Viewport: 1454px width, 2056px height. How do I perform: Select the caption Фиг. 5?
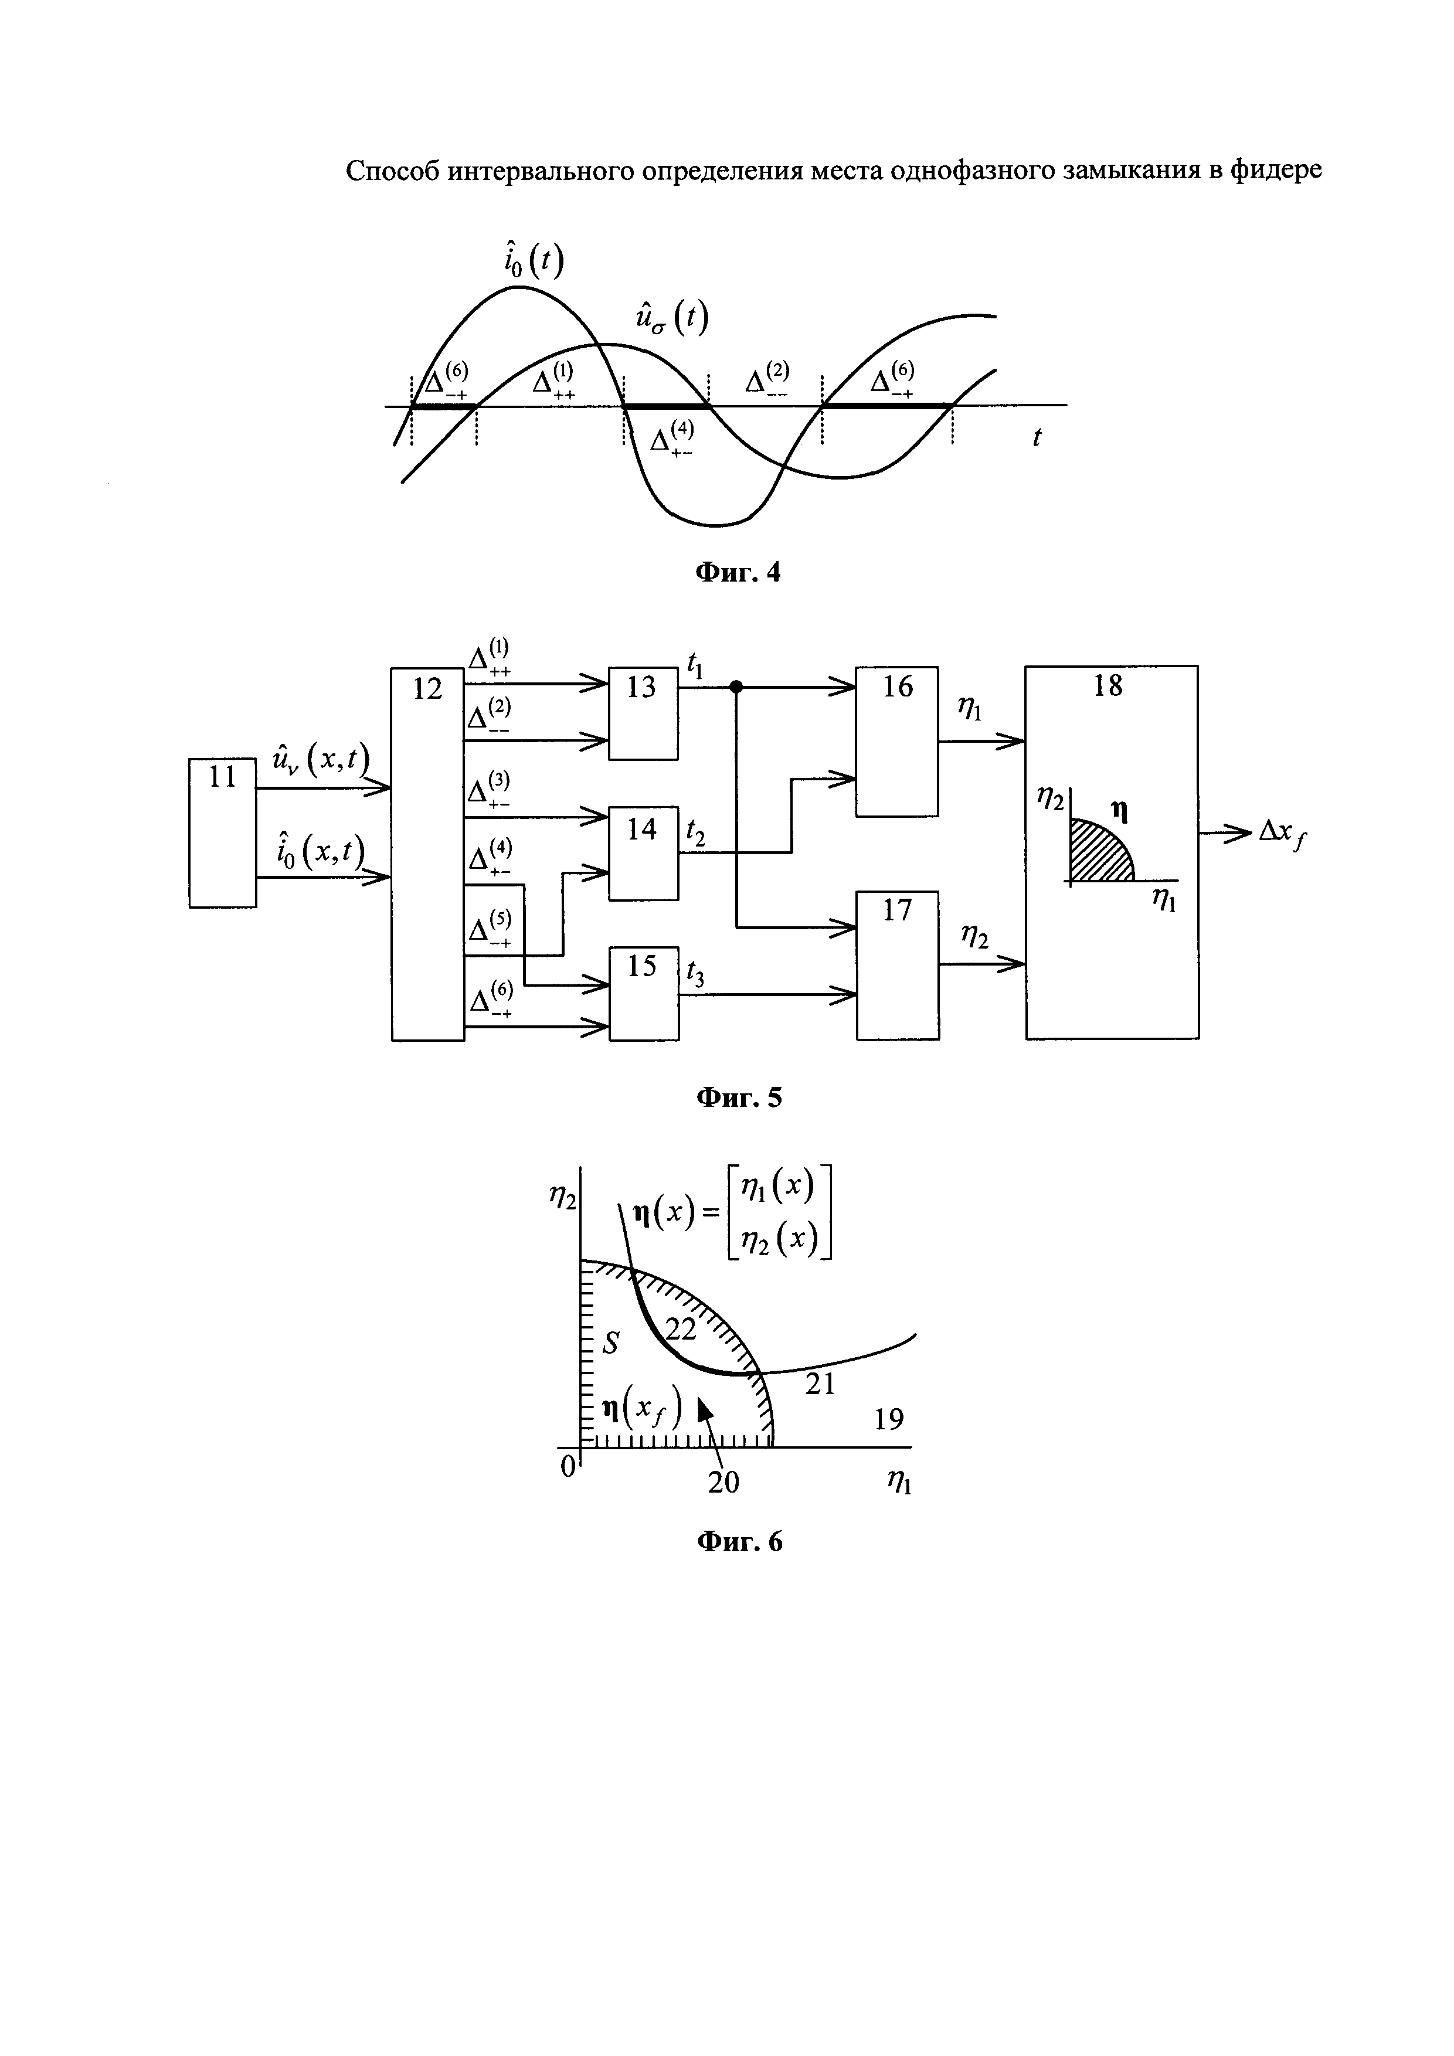pyautogui.click(x=739, y=1098)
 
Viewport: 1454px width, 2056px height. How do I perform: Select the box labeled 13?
pyautogui.click(x=643, y=713)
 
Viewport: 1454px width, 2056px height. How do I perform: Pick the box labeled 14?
pyautogui.click(x=643, y=852)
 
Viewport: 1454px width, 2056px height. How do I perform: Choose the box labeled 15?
pyautogui.click(x=643, y=993)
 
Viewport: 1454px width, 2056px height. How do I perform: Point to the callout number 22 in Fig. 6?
pyautogui.click(x=681, y=1330)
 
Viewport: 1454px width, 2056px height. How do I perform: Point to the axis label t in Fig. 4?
pyautogui.click(x=1037, y=438)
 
